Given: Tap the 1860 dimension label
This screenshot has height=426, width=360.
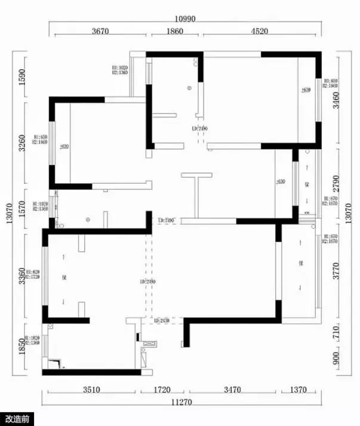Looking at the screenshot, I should (174, 32).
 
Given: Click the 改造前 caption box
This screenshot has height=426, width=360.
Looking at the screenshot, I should (17, 419).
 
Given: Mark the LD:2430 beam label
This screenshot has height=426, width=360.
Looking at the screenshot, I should (162, 321).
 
